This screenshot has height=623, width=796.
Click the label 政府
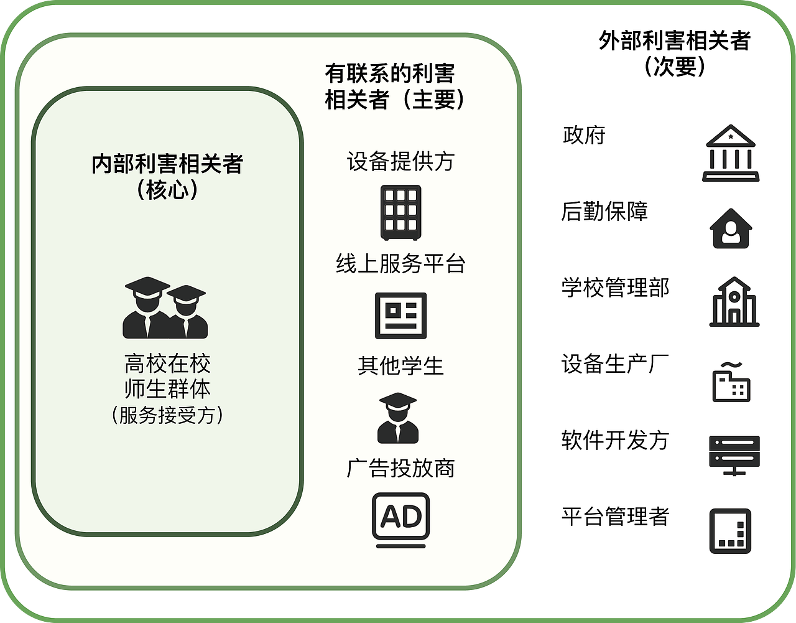tap(584, 135)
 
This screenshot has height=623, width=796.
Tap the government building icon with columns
tap(731, 153)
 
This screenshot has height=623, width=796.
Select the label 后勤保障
tap(604, 212)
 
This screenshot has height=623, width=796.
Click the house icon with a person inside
tap(731, 228)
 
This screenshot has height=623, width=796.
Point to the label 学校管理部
tap(616, 288)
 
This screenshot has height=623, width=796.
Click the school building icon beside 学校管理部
tap(734, 302)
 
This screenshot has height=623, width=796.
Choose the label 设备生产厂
tap(616, 363)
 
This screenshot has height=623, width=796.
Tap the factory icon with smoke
tap(731, 382)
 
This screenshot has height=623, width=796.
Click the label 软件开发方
tap(616, 440)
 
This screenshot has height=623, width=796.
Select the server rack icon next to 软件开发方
tap(734, 456)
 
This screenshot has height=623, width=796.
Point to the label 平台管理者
tap(616, 517)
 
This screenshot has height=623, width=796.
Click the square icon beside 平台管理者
tap(731, 531)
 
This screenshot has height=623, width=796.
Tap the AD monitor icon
tap(400, 520)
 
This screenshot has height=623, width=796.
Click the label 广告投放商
tap(400, 468)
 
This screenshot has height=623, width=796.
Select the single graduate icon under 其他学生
tap(398, 418)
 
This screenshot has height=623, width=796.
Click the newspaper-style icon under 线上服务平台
tap(400, 316)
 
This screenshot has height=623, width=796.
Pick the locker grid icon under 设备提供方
tap(400, 213)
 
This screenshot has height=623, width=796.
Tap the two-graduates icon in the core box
tap(165, 307)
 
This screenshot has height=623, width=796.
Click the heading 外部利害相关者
tap(675, 40)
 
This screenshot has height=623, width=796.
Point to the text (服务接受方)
tap(167, 415)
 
